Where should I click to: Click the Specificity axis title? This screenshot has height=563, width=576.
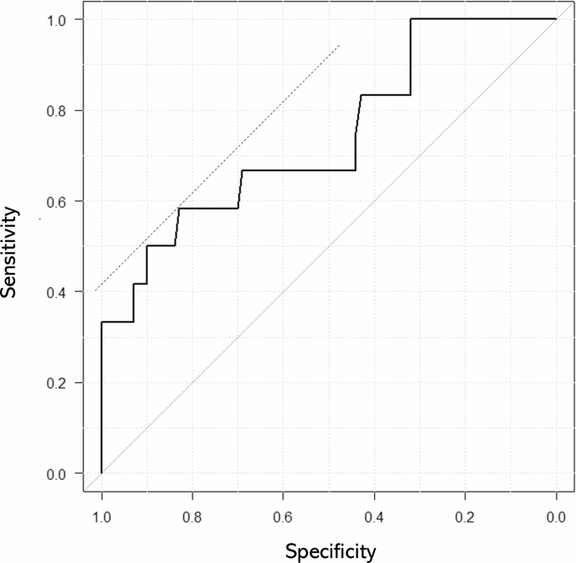[x=330, y=551]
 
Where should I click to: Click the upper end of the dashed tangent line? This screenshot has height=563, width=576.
[x=340, y=45]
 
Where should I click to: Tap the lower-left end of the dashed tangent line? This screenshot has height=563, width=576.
[x=95, y=292]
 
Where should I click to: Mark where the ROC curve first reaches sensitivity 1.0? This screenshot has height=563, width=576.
[x=410, y=18]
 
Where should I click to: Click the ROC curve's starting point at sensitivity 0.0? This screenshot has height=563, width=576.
[x=102, y=473]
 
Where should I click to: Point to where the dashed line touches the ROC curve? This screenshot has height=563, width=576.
[x=179, y=208]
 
